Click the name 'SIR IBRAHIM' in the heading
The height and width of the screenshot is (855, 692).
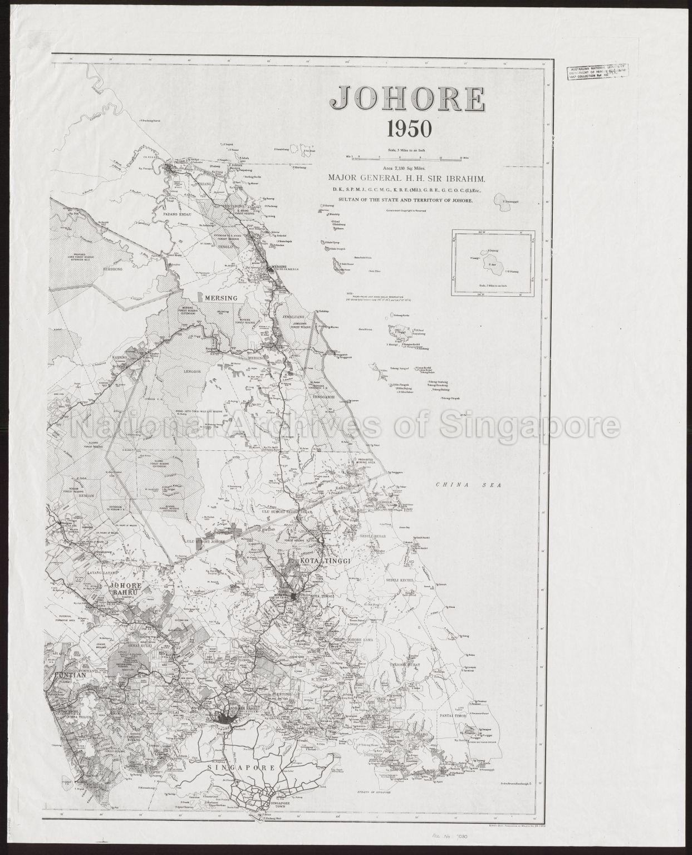click(460, 178)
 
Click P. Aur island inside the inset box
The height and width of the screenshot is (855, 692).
click(493, 266)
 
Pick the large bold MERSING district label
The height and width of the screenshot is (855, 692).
click(221, 298)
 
